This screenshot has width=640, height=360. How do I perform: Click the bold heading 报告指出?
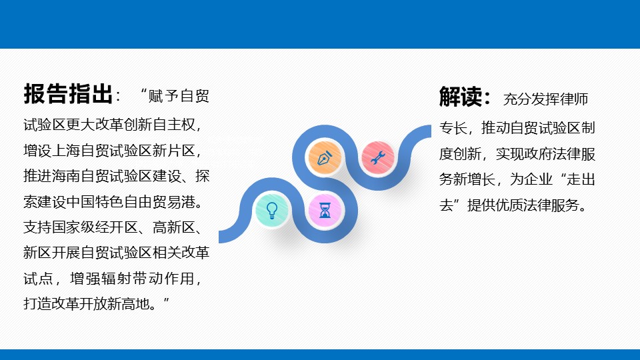click(68, 94)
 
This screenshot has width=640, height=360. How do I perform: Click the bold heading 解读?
click(461, 97)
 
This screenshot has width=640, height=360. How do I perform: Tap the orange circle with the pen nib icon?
click(325, 157)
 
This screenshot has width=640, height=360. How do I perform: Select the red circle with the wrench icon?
click(378, 157)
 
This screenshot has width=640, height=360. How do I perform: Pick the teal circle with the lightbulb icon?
click(272, 210)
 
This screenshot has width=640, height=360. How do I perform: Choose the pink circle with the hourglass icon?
click(325, 210)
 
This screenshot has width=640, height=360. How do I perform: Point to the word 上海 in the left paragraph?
click(67, 151)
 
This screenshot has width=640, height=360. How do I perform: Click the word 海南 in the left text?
click(67, 176)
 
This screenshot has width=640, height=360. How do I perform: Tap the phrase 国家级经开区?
click(95, 227)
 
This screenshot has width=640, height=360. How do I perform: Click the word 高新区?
click(174, 227)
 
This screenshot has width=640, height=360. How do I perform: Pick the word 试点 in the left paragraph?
click(38, 279)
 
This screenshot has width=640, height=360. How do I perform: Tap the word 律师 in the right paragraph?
click(574, 99)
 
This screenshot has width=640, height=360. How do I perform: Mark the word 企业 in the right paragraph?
click(538, 179)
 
